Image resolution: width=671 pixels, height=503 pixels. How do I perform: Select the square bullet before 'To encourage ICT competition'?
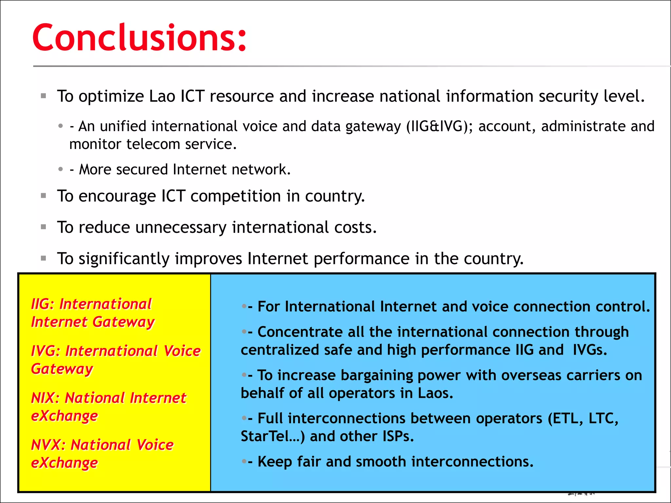43,196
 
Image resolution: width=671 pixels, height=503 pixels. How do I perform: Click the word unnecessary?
181,227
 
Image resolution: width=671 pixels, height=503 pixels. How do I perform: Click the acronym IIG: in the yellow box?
42,304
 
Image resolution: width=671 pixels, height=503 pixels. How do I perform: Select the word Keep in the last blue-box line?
275,462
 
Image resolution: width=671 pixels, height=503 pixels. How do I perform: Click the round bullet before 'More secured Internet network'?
60,169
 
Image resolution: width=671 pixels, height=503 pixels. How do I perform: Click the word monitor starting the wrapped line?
95,144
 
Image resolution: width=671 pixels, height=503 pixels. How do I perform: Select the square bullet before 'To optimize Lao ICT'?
43,96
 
